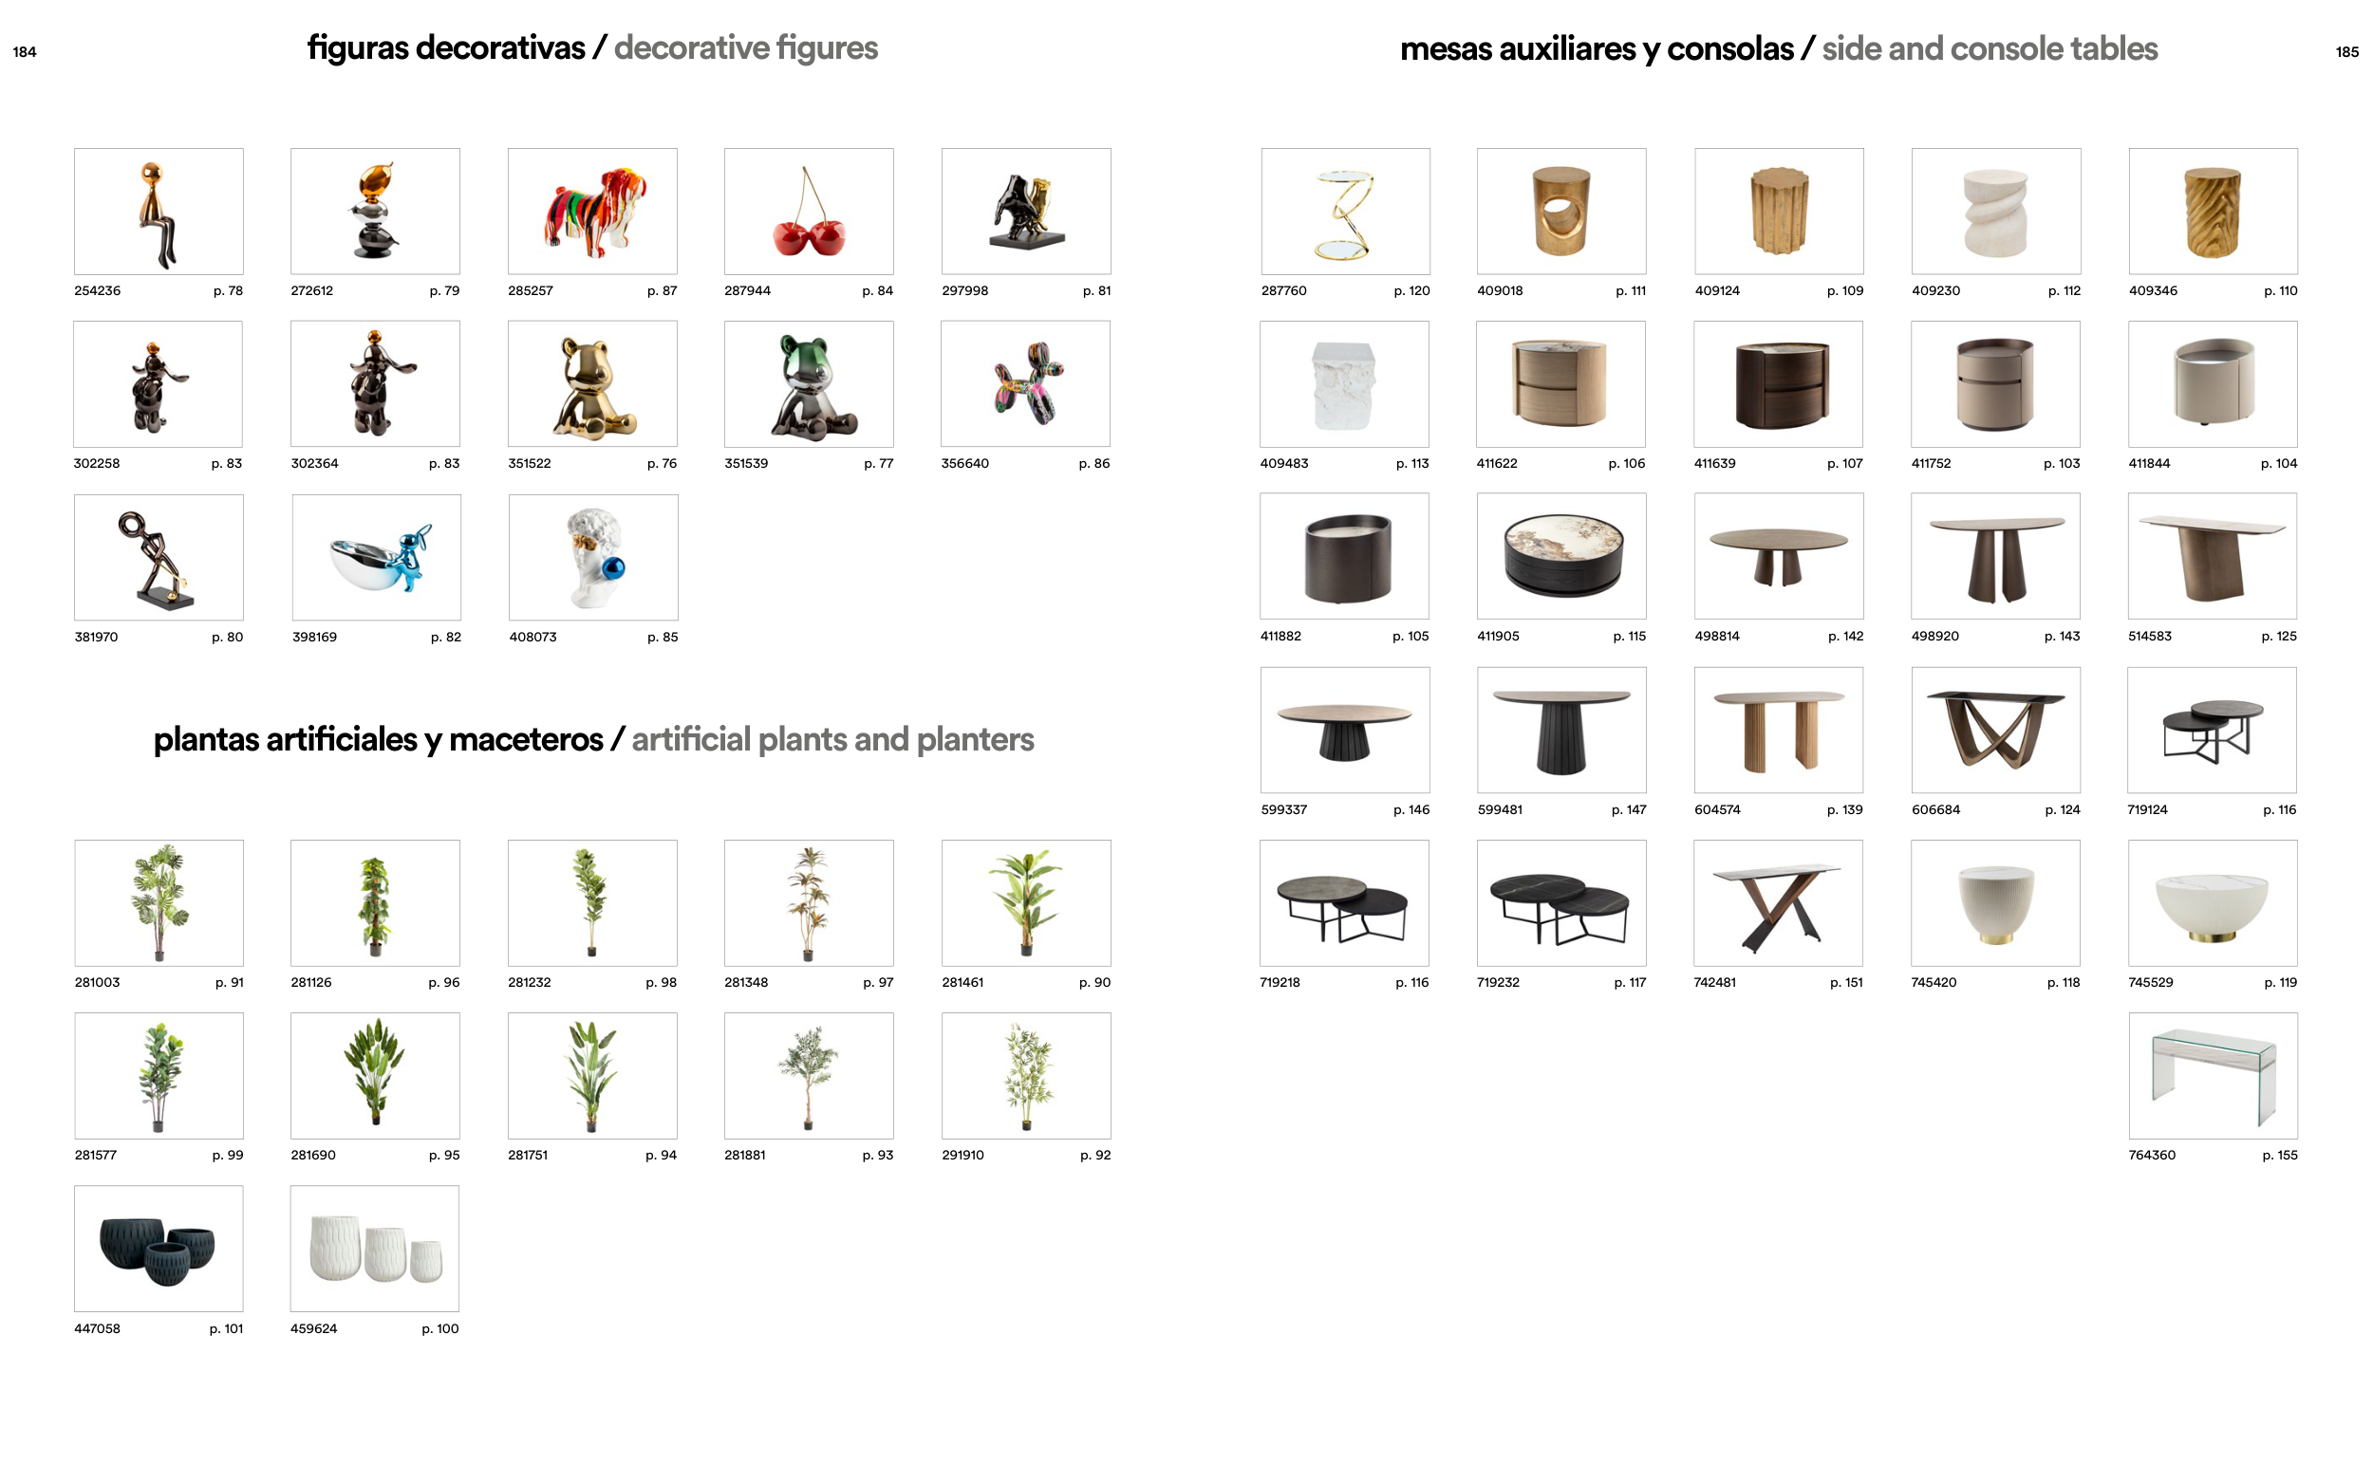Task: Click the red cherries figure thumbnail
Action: [809, 211]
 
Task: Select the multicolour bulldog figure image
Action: [592, 211]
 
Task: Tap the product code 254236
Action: [97, 291]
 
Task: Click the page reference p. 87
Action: [663, 291]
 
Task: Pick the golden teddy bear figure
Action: [592, 384]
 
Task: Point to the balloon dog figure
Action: [1026, 384]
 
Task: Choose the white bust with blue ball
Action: [593, 557]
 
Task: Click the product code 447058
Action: [97, 1329]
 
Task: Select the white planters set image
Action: [375, 1249]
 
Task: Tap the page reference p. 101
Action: [227, 1329]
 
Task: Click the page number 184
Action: [25, 52]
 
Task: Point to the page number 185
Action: [2346, 52]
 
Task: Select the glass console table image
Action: [2214, 1076]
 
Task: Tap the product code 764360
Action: [2152, 1156]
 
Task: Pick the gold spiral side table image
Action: [1346, 211]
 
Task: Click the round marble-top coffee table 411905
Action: [1561, 556]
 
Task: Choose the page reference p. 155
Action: [2280, 1156]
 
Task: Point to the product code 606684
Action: [1935, 810]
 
